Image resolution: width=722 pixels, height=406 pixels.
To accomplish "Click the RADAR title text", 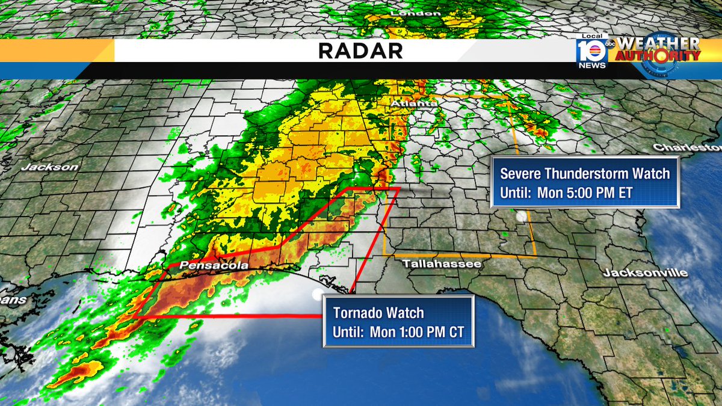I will pos(360,51).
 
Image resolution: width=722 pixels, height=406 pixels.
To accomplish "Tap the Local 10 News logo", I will pos(591,53).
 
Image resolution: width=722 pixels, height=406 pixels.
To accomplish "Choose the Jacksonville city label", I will pos(646,273).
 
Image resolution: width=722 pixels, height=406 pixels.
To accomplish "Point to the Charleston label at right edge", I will pos(687,147).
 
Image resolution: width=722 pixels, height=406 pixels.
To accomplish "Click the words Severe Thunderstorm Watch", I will pos(585,174).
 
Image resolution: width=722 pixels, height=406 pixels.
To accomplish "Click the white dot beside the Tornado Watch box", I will pos(317,294).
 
